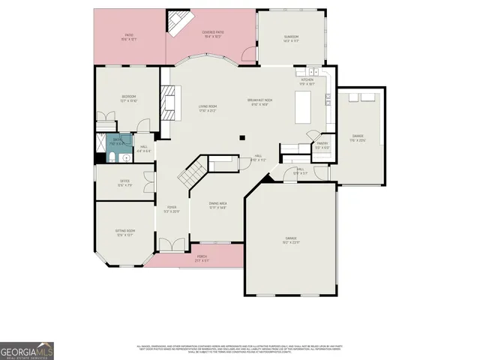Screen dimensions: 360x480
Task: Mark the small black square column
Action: (241, 137)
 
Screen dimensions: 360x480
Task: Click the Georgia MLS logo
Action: (27, 351)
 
